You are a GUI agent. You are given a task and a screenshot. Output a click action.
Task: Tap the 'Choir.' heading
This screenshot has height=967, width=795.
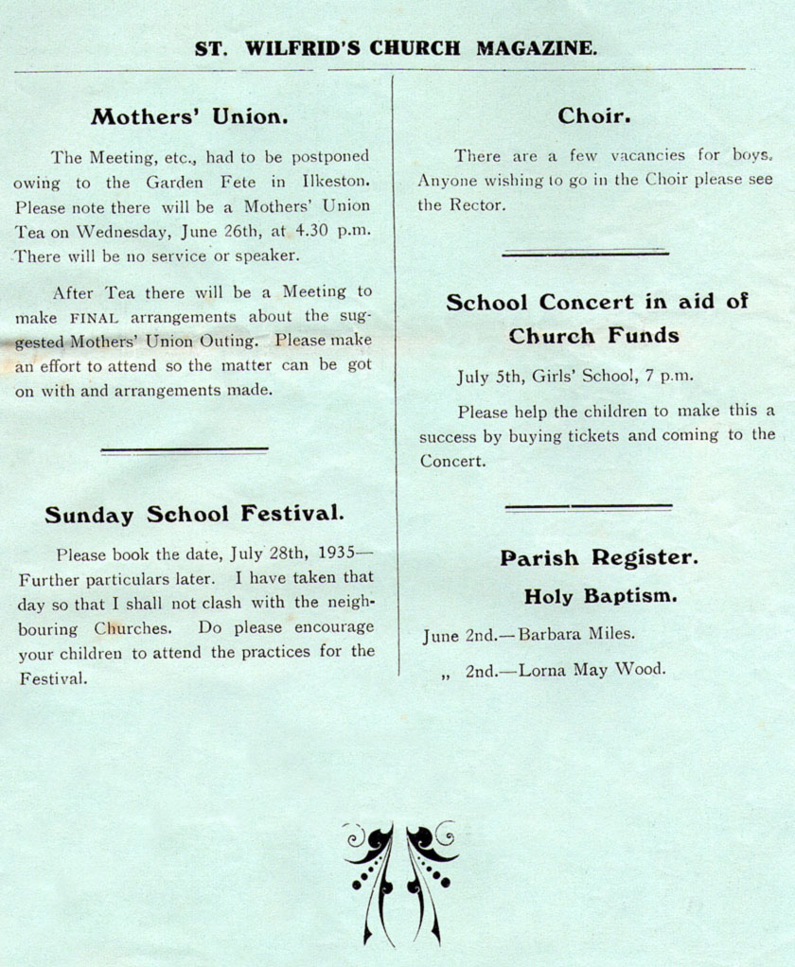[594, 116]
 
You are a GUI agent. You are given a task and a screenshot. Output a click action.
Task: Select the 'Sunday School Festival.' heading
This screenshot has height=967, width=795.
[194, 515]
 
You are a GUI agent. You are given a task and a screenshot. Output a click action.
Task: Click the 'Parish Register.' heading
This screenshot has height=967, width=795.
[599, 558]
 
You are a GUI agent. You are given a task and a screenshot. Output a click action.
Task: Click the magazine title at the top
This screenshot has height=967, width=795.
[396, 48]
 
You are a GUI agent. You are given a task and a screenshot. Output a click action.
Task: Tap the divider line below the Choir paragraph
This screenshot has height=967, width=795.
[585, 253]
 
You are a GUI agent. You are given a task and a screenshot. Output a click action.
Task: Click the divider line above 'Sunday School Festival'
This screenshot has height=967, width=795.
[185, 450]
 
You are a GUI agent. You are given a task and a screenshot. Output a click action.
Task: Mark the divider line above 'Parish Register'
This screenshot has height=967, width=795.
[588, 508]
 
